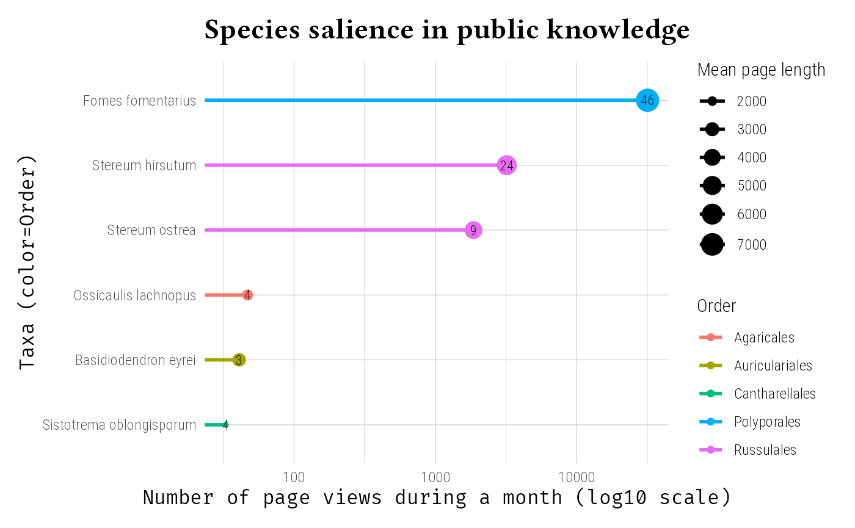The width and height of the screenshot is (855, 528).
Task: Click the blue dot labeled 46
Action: pyautogui.click(x=647, y=100)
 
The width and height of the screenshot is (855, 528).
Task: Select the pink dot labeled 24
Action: pyautogui.click(x=506, y=165)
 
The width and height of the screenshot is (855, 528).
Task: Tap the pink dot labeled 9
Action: pyautogui.click(x=473, y=230)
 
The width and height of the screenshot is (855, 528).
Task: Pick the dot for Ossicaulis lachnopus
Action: pyautogui.click(x=247, y=295)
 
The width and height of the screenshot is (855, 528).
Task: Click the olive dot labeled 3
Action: pyautogui.click(x=239, y=360)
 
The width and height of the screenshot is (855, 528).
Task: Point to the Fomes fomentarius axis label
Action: pyautogui.click(x=139, y=101)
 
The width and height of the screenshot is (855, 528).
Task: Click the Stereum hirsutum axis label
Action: pyautogui.click(x=144, y=165)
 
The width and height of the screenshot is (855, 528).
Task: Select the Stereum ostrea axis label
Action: pyautogui.click(x=151, y=230)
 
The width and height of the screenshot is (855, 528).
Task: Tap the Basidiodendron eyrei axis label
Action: pyautogui.click(x=135, y=360)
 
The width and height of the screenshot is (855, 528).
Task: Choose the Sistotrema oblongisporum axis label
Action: pyautogui.click(x=119, y=425)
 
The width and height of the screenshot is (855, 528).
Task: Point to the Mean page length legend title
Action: pyautogui.click(x=761, y=70)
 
